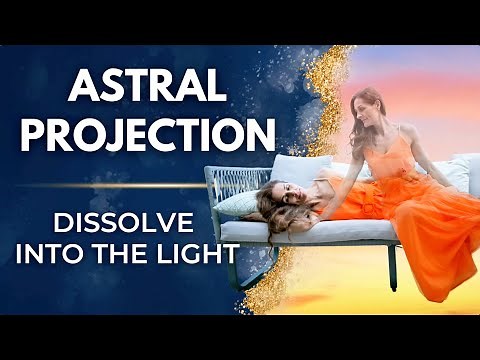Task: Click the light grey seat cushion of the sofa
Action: pos(300,231)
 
